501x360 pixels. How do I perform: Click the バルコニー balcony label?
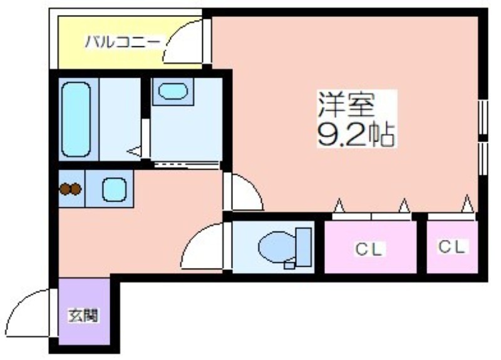pos(122,42)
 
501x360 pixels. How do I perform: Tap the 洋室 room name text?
pos(346,105)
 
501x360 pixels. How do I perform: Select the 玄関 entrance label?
pos(83,316)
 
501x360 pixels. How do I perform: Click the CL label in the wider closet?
pos(369,249)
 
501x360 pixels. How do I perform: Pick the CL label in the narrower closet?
pos(451,247)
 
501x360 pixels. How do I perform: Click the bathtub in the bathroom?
pos(76,120)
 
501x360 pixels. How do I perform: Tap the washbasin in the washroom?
pos(173,91)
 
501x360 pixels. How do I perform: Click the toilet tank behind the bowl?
pos(304,247)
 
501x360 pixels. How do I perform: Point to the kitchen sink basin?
pos(115,190)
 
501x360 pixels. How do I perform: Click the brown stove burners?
pos(70,189)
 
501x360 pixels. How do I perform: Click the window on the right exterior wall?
pos(483,137)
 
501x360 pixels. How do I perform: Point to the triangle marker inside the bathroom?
pos(134,151)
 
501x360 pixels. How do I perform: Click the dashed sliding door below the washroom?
pos(186,165)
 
